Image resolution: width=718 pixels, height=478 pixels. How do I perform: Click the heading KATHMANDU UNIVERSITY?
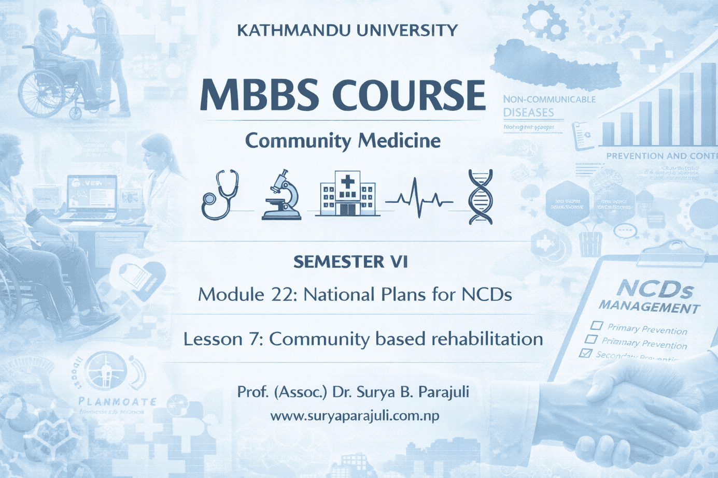347,31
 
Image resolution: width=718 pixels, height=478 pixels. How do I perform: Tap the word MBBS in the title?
259,95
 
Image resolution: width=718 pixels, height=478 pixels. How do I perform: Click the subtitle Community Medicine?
343,141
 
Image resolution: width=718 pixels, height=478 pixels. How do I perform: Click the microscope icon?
283,195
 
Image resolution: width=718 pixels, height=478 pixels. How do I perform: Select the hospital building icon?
347,194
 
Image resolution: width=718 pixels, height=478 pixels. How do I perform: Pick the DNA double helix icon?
481,196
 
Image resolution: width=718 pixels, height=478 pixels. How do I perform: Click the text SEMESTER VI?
350,262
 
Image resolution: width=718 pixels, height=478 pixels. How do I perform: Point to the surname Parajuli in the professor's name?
443,392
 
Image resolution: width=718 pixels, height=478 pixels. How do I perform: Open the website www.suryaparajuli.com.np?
355,415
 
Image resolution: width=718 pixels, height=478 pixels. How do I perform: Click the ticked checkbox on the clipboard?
586,353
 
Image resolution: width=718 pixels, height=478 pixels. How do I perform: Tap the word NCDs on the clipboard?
655,288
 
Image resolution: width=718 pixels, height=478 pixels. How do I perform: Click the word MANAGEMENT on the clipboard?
649,307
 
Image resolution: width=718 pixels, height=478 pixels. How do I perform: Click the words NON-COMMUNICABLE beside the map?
549,99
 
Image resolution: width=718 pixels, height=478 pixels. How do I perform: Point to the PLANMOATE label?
117,401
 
